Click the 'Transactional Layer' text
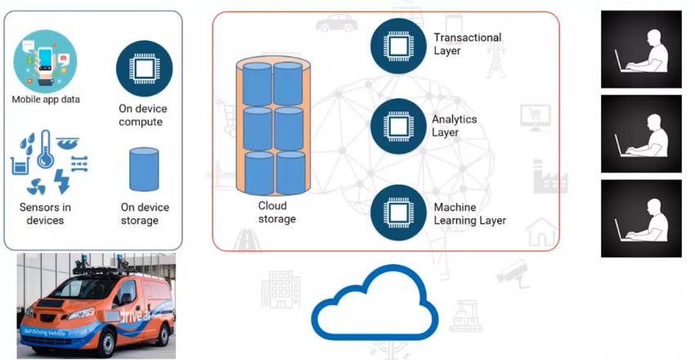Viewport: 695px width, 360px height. coord(467,44)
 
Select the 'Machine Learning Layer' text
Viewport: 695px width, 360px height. coord(469,214)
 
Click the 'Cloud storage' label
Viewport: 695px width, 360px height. coord(277,213)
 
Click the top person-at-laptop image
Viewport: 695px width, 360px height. coord(641,49)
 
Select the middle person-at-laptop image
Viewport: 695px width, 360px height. coord(641,133)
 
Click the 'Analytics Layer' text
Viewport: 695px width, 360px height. coord(455,126)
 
